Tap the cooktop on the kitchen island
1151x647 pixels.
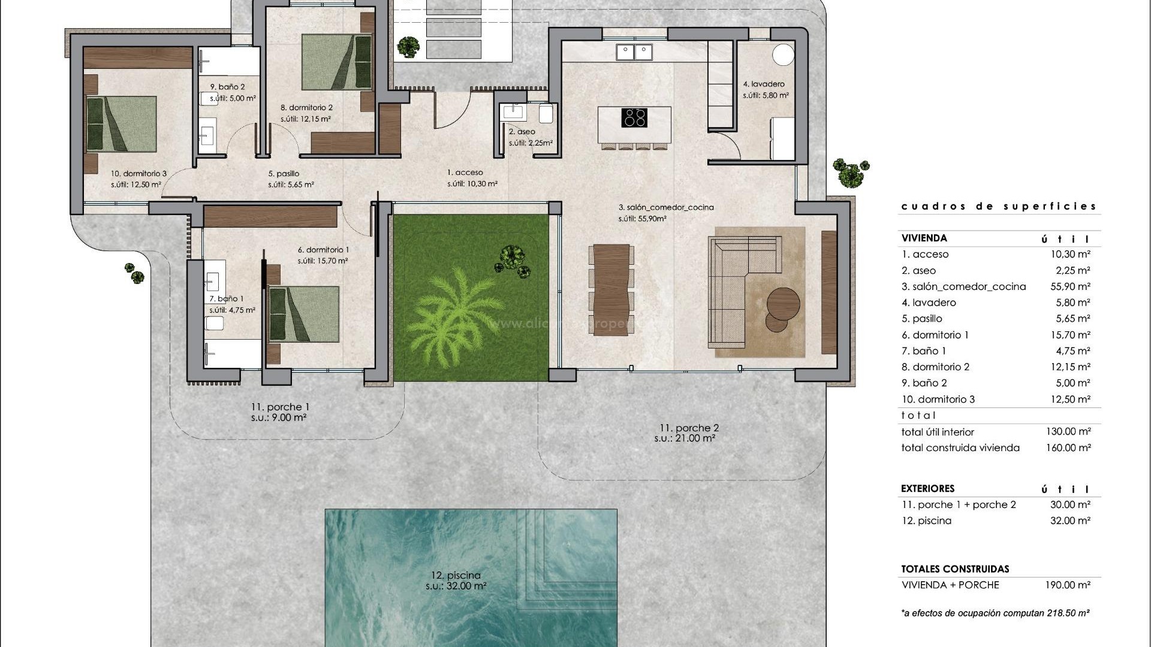pyautogui.click(x=634, y=117)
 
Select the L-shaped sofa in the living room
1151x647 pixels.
pyautogui.click(x=743, y=291)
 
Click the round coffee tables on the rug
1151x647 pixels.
pyautogui.click(x=782, y=308)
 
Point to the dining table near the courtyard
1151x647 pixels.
pyautogui.click(x=611, y=289)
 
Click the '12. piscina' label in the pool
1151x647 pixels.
pyautogui.click(x=456, y=575)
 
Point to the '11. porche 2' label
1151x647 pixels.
pyautogui.click(x=689, y=428)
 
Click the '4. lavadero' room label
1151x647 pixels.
pyautogui.click(x=764, y=84)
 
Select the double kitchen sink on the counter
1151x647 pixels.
pyautogui.click(x=634, y=52)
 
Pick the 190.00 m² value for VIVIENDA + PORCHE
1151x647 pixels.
pyautogui.click(x=1070, y=585)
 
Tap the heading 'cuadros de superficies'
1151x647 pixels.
pyautogui.click(x=999, y=206)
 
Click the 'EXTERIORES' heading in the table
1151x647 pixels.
pyautogui.click(x=927, y=488)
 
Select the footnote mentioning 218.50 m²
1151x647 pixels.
pyautogui.click(x=995, y=613)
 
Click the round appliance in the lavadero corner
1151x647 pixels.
pyautogui.click(x=783, y=55)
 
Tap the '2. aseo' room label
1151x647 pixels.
pyautogui.click(x=522, y=132)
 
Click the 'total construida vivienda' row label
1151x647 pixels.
pyautogui.click(x=960, y=448)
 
